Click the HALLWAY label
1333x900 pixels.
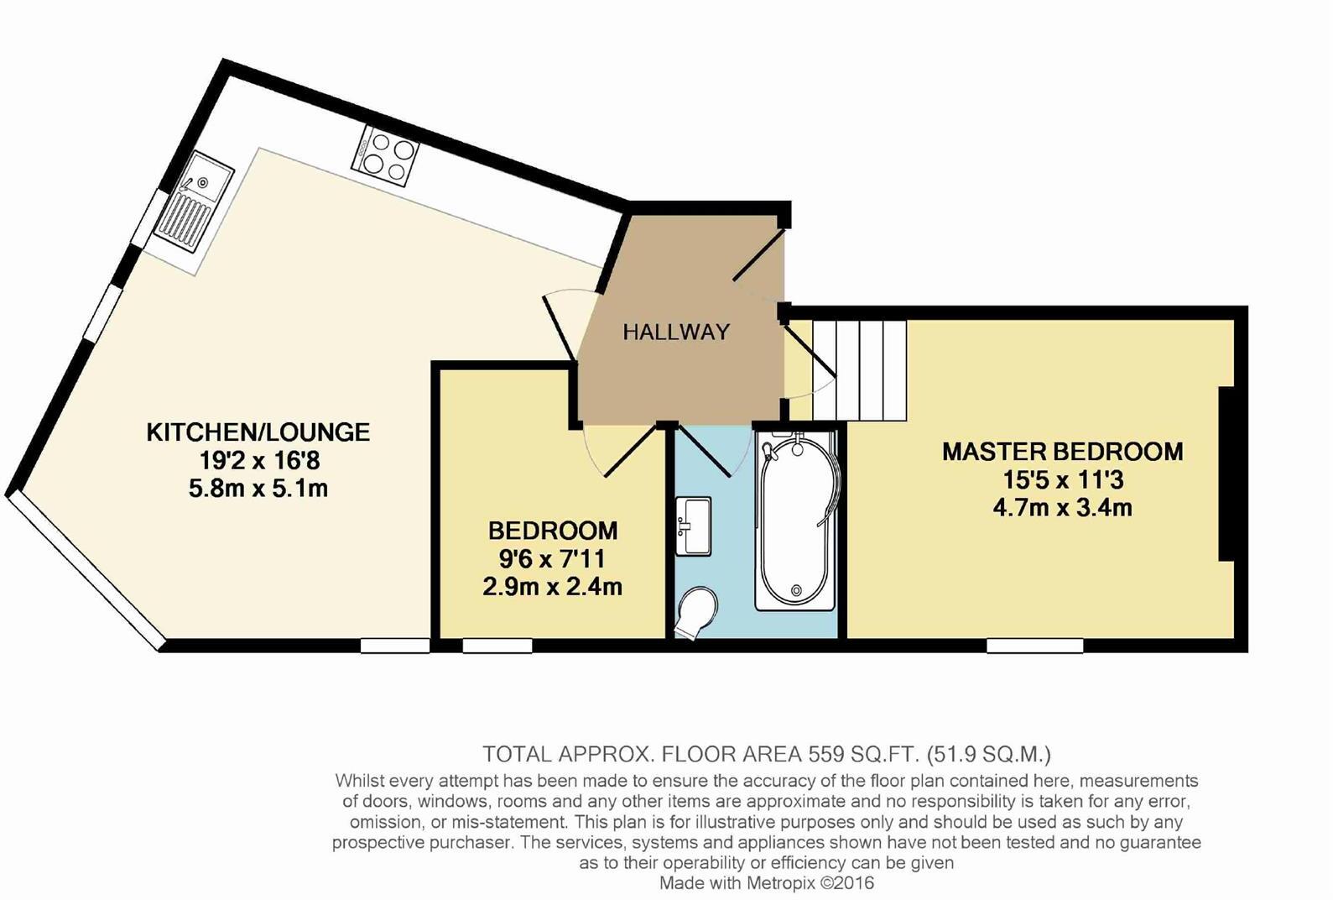pos(676,332)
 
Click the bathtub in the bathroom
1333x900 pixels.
pos(794,521)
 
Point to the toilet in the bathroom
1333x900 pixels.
pos(696,614)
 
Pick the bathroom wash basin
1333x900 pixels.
pos(693,526)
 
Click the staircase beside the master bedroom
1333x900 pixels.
pos(860,369)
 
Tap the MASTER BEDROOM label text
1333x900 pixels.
pos(1062,452)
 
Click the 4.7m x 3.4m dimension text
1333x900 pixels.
pos(1062,508)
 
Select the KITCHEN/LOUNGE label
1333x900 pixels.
pos(258,432)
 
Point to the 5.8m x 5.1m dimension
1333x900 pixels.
pos(258,489)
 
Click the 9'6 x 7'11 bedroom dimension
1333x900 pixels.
pos(552,558)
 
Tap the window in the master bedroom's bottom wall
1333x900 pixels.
pos(1034,645)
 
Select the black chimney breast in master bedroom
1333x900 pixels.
pos(1226,474)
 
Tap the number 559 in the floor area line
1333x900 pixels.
pos(826,753)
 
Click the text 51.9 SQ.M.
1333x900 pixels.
pos(989,753)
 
